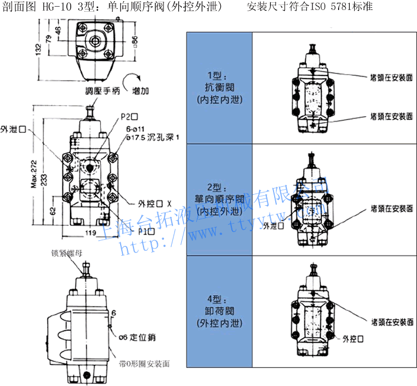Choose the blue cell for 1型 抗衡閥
pos(219,88)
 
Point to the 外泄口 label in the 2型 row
pos(273,226)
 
